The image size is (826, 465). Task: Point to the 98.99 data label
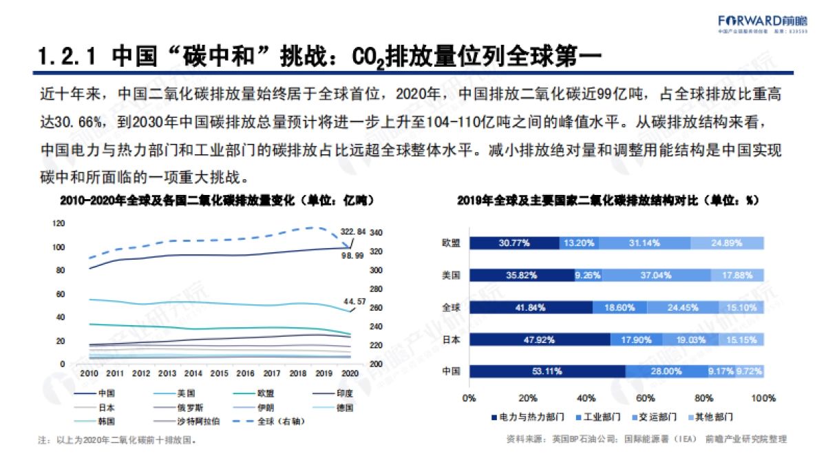pyautogui.click(x=353, y=255)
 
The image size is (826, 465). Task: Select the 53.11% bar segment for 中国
pyautogui.click(x=547, y=371)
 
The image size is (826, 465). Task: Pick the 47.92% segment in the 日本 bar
pyautogui.click(x=540, y=339)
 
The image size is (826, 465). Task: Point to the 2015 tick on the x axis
pyautogui.click(x=220, y=373)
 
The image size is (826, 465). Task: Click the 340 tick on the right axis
pyautogui.click(x=377, y=233)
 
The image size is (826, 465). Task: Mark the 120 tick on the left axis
pyautogui.click(x=59, y=223)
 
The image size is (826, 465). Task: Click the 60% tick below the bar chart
pyautogui.click(x=646, y=398)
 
